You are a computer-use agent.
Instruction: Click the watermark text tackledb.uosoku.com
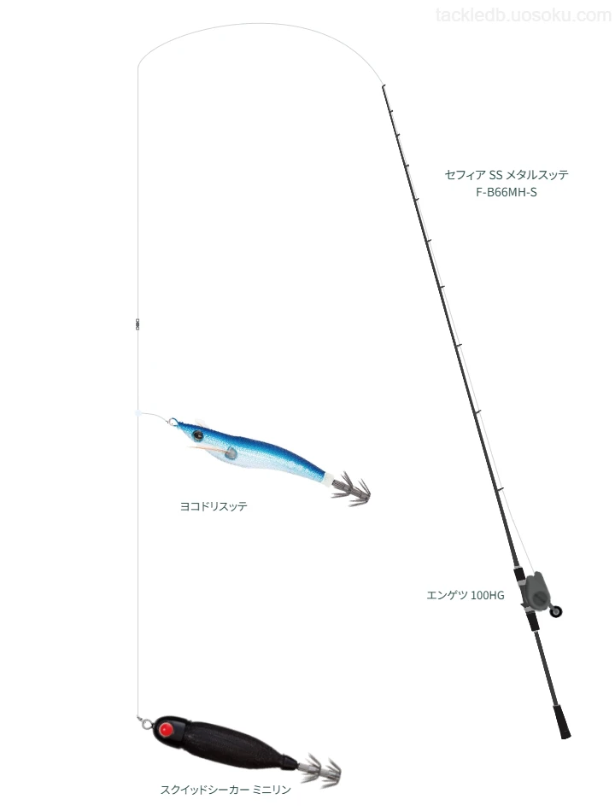[524, 15]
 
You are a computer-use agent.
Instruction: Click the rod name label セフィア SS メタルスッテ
[507, 175]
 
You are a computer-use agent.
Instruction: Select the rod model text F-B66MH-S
[507, 192]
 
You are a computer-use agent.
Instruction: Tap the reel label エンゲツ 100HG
[465, 595]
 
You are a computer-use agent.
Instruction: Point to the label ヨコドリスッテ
[214, 506]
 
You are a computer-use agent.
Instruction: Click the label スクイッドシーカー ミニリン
[225, 790]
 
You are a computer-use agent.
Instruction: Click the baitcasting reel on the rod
[536, 592]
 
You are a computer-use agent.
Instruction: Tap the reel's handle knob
[556, 612]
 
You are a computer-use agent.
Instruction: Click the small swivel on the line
[138, 324]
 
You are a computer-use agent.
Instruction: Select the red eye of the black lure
[167, 729]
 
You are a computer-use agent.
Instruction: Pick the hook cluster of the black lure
[322, 769]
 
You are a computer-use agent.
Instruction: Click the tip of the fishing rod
[383, 85]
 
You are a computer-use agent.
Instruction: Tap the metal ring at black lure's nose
[145, 722]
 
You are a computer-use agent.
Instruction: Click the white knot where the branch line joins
[138, 413]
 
